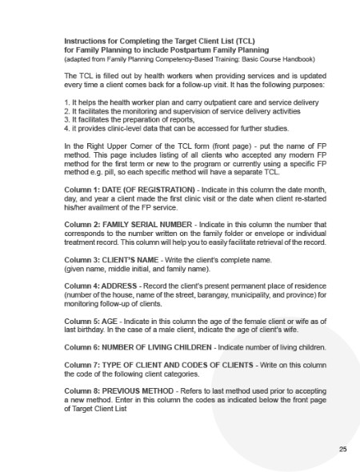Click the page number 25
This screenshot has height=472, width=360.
(x=342, y=450)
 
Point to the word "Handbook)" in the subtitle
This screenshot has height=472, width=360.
(x=297, y=57)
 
